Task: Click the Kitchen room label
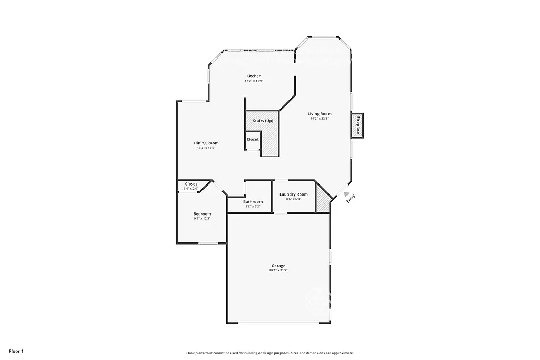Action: coord(253,76)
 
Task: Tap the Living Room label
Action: coord(320,114)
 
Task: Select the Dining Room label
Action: coord(206,143)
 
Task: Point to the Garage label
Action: coord(278,266)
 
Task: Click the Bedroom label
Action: coord(202,214)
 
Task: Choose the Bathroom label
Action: coord(253,202)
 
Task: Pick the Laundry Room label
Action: coord(293,194)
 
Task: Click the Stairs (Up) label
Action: coord(263,121)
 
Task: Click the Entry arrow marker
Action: coord(346,194)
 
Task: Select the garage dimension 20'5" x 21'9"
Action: coord(278,270)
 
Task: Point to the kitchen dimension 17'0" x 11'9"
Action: coord(253,81)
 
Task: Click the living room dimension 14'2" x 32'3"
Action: coord(320,119)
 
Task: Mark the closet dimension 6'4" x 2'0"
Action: coord(190,189)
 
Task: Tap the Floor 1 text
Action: coord(16,351)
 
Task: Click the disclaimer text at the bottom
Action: coord(269,353)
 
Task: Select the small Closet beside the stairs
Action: coord(253,140)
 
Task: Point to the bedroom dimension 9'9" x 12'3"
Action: coord(202,219)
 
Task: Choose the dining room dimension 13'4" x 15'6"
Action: coord(206,148)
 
